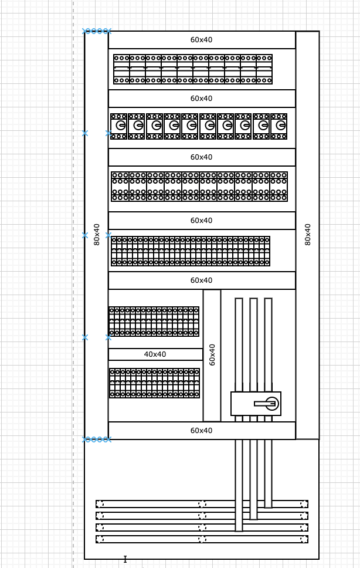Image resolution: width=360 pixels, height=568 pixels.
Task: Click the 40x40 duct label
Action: coord(155,354)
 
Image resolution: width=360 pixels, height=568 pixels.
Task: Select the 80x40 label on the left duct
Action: coord(97,234)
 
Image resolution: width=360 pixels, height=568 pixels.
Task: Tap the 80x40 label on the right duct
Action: coord(308,234)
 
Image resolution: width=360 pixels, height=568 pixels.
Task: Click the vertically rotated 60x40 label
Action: coord(212,354)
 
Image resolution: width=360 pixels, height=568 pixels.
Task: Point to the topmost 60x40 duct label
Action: coord(201,40)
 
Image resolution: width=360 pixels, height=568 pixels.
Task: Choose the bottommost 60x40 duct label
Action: coord(201,430)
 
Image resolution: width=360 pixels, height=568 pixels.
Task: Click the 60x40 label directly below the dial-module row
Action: coord(201,157)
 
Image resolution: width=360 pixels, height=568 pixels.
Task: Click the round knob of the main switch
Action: coord(272,403)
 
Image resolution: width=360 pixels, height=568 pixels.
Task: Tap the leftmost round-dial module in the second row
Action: coord(118,126)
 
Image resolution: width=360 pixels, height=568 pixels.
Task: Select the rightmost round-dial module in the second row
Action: coord(279,126)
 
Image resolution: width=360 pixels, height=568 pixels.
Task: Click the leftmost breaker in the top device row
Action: coord(121,69)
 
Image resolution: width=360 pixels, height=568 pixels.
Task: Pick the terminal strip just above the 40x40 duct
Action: coord(154,322)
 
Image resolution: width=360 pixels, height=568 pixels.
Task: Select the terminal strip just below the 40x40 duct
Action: coord(154,383)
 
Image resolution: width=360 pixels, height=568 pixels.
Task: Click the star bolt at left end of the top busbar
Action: coord(100,504)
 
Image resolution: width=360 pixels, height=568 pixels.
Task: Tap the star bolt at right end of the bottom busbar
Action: coord(304,539)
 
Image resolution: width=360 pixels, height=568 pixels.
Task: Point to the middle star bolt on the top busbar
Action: coord(202,504)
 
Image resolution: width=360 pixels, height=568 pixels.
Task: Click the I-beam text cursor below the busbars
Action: coord(125,559)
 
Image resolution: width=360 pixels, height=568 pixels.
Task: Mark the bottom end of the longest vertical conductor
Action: coord(239,531)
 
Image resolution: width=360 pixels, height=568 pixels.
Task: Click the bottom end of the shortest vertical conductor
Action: coord(268,508)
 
